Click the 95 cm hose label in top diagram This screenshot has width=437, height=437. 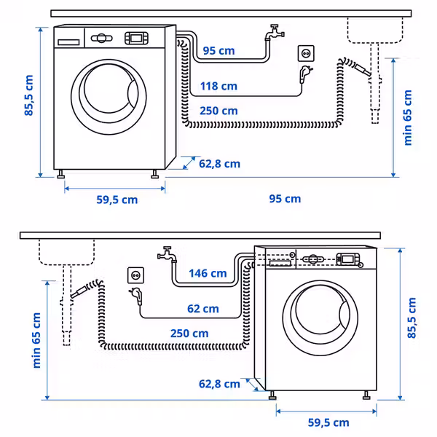pyautogui.click(x=219, y=50)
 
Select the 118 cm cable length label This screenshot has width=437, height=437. pyautogui.click(x=219, y=87)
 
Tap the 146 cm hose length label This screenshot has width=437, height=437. pyautogui.click(x=208, y=274)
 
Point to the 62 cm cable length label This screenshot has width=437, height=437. pyautogui.click(x=202, y=309)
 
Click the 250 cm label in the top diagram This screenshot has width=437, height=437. pyautogui.click(x=219, y=111)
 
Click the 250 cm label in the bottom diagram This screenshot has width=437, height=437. pyautogui.click(x=189, y=334)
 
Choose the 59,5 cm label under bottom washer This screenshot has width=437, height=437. pyautogui.click(x=328, y=422)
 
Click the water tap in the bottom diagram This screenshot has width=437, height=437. pyautogui.click(x=167, y=256)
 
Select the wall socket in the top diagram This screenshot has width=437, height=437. pyautogui.click(x=307, y=52)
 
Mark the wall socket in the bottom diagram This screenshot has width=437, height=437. pyautogui.click(x=135, y=275)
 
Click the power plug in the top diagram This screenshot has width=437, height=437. pyautogui.click(x=300, y=73)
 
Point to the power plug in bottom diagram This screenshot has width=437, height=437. pyautogui.click(x=135, y=296)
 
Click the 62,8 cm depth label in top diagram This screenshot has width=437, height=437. pyautogui.click(x=219, y=164)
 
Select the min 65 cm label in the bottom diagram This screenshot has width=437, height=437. pyautogui.click(x=36, y=341)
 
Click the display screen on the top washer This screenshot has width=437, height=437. pyautogui.click(x=136, y=37)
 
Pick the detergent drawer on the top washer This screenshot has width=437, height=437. pyautogui.click(x=68, y=41)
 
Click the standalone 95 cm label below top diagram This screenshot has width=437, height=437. pyautogui.click(x=285, y=199)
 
